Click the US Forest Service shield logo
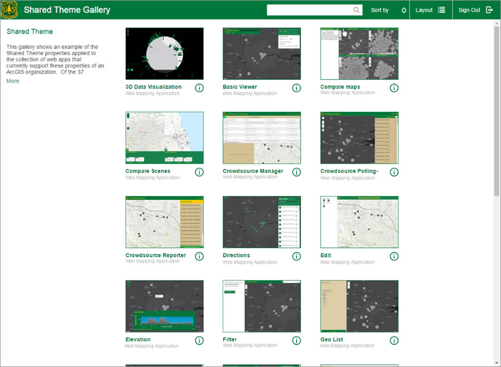[9, 9]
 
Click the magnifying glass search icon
[356, 10]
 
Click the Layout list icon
[441, 10]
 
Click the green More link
[13, 81]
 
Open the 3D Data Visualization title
[154, 87]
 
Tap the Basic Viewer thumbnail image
[262, 54]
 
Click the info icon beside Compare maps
[394, 88]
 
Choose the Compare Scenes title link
[148, 171]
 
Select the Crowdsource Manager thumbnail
[262, 138]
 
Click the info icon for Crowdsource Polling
[394, 172]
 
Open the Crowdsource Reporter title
[156, 255]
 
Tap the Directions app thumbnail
[262, 222]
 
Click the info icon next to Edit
[394, 256]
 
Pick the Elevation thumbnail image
[164, 306]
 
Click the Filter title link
[229, 339]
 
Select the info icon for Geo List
[394, 340]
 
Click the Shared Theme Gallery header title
[67, 10]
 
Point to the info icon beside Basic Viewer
[296, 88]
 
